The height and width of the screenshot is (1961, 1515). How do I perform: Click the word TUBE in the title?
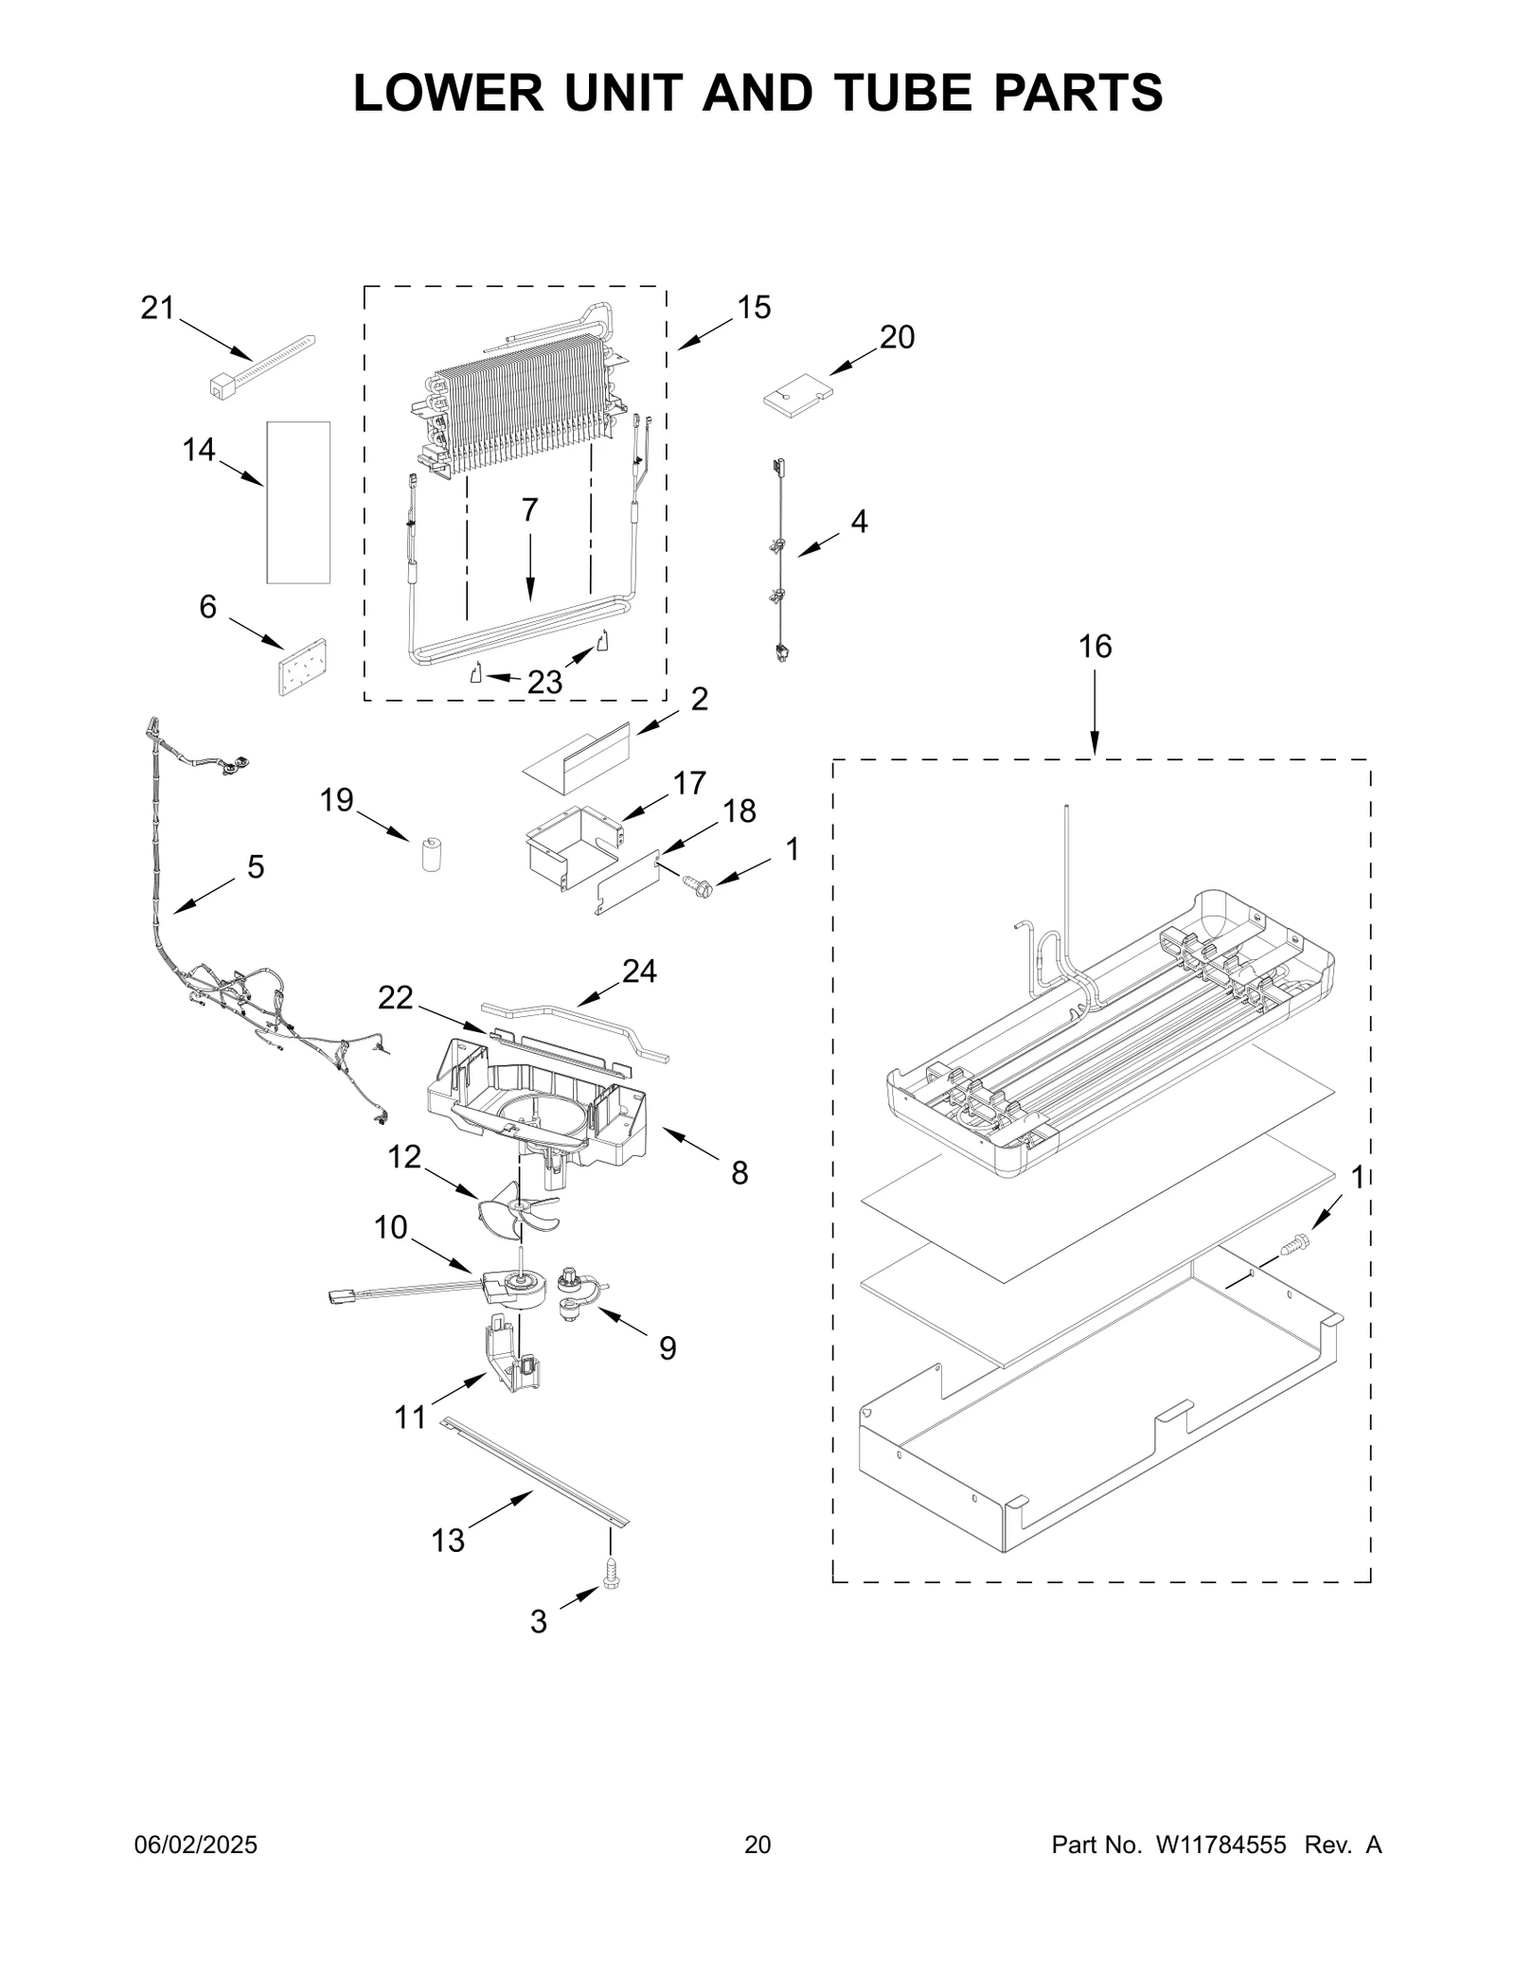(909, 92)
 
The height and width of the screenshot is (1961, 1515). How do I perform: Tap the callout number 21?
(158, 308)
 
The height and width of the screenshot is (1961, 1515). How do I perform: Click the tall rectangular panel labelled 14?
(298, 502)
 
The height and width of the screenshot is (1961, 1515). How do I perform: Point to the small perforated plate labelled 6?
(302, 667)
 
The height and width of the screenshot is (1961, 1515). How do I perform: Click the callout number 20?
(897, 337)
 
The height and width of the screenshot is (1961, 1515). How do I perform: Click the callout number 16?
(1095, 647)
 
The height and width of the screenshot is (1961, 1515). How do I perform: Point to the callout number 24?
(639, 971)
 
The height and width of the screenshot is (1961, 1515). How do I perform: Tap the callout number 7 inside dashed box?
(529, 510)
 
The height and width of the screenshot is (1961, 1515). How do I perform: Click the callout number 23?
(544, 682)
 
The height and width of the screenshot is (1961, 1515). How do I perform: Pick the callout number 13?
(448, 1542)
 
